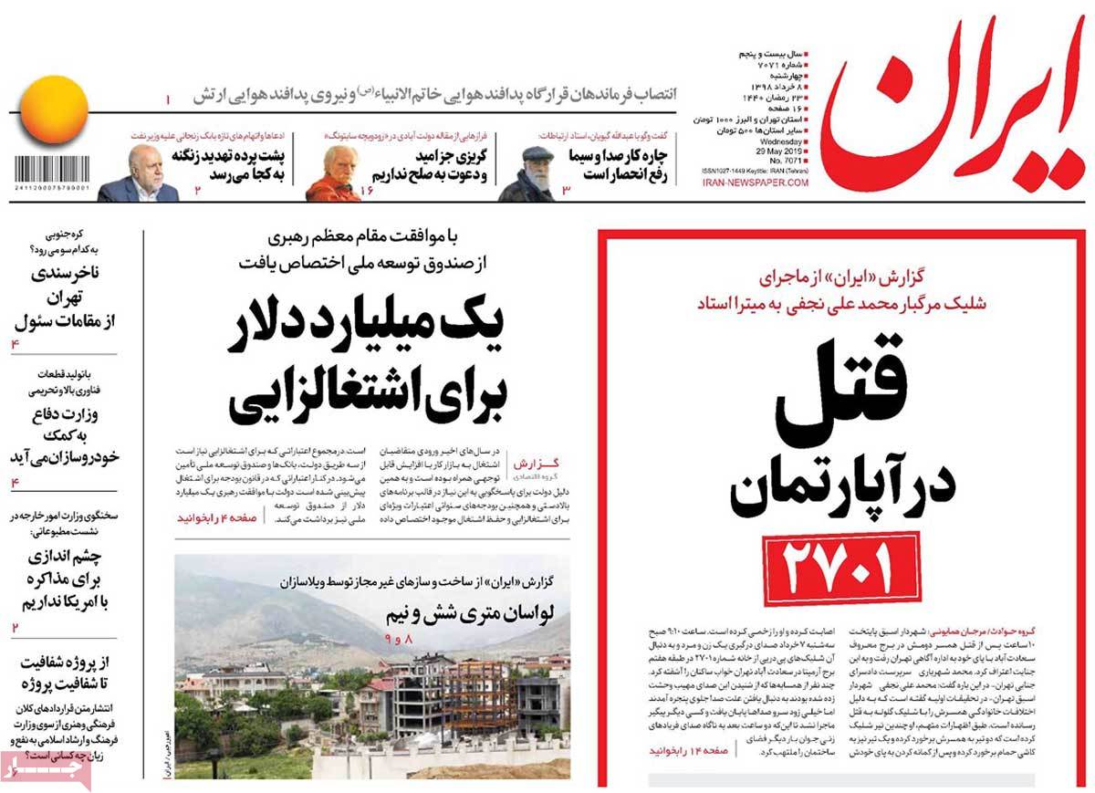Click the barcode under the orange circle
coord(52,172)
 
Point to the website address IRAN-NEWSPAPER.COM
coord(755,183)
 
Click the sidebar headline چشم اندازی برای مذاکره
coord(64,579)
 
